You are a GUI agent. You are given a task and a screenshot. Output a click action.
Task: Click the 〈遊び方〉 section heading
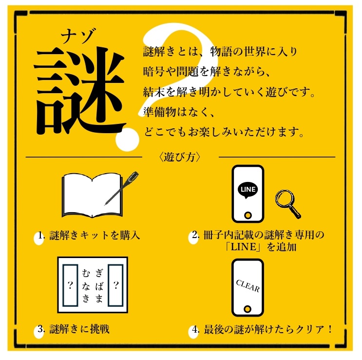coord(180,157)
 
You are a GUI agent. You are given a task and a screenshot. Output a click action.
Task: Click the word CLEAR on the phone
coord(248,286)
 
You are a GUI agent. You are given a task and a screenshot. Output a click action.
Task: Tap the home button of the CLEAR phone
coord(248,309)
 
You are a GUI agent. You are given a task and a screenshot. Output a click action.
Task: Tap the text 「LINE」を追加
coord(258,247)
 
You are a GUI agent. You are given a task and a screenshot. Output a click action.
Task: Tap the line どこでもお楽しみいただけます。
coord(224,132)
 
